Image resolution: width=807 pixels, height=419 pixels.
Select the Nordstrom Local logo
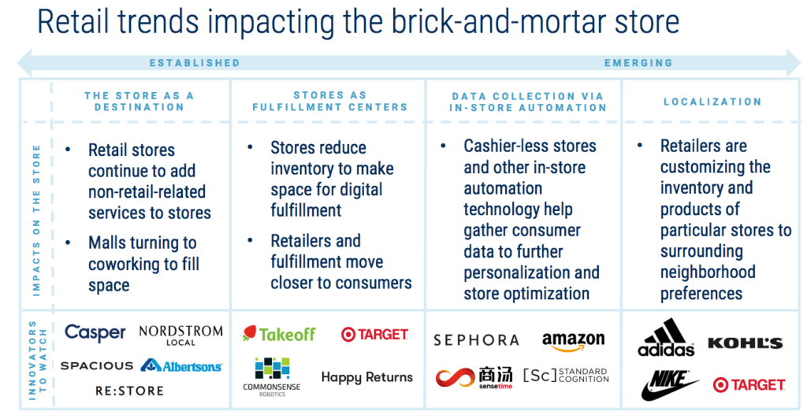point(180,336)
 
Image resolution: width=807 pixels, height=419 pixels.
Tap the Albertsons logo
point(180,365)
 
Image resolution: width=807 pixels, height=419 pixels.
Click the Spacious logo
point(96,365)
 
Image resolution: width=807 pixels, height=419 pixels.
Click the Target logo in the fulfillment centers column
point(374,335)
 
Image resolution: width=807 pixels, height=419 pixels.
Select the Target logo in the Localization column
point(749,384)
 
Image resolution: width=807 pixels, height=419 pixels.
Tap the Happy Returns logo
point(366,377)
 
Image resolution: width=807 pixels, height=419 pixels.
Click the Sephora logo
point(476,340)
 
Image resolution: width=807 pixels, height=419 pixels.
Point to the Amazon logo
point(573,340)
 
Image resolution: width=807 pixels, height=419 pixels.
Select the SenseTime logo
point(474,376)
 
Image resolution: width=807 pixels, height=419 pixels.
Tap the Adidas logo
point(666,338)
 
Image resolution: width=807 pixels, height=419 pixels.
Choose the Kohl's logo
point(745,343)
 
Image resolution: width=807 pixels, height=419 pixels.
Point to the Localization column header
point(712,102)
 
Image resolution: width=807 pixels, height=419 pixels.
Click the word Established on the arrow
point(195,62)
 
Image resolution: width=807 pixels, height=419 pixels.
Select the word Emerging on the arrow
point(638,62)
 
